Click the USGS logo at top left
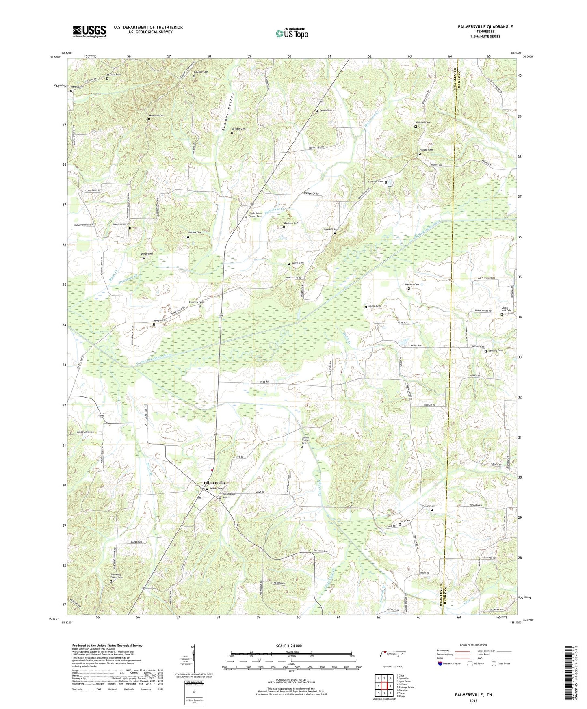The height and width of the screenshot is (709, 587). coord(89,31)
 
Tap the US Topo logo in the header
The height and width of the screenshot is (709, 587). coord(291,33)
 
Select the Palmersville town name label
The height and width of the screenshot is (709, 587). coord(214,483)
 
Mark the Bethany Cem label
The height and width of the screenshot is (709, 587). coord(495,350)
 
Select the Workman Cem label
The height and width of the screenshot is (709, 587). coord(156,115)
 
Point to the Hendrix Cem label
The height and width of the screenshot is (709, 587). coord(412,285)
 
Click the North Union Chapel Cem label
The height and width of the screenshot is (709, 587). coord(255,215)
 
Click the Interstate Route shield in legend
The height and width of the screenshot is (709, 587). coord(440,664)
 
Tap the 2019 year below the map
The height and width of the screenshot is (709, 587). coord(473,701)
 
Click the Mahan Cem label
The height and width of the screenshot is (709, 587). coord(374,306)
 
